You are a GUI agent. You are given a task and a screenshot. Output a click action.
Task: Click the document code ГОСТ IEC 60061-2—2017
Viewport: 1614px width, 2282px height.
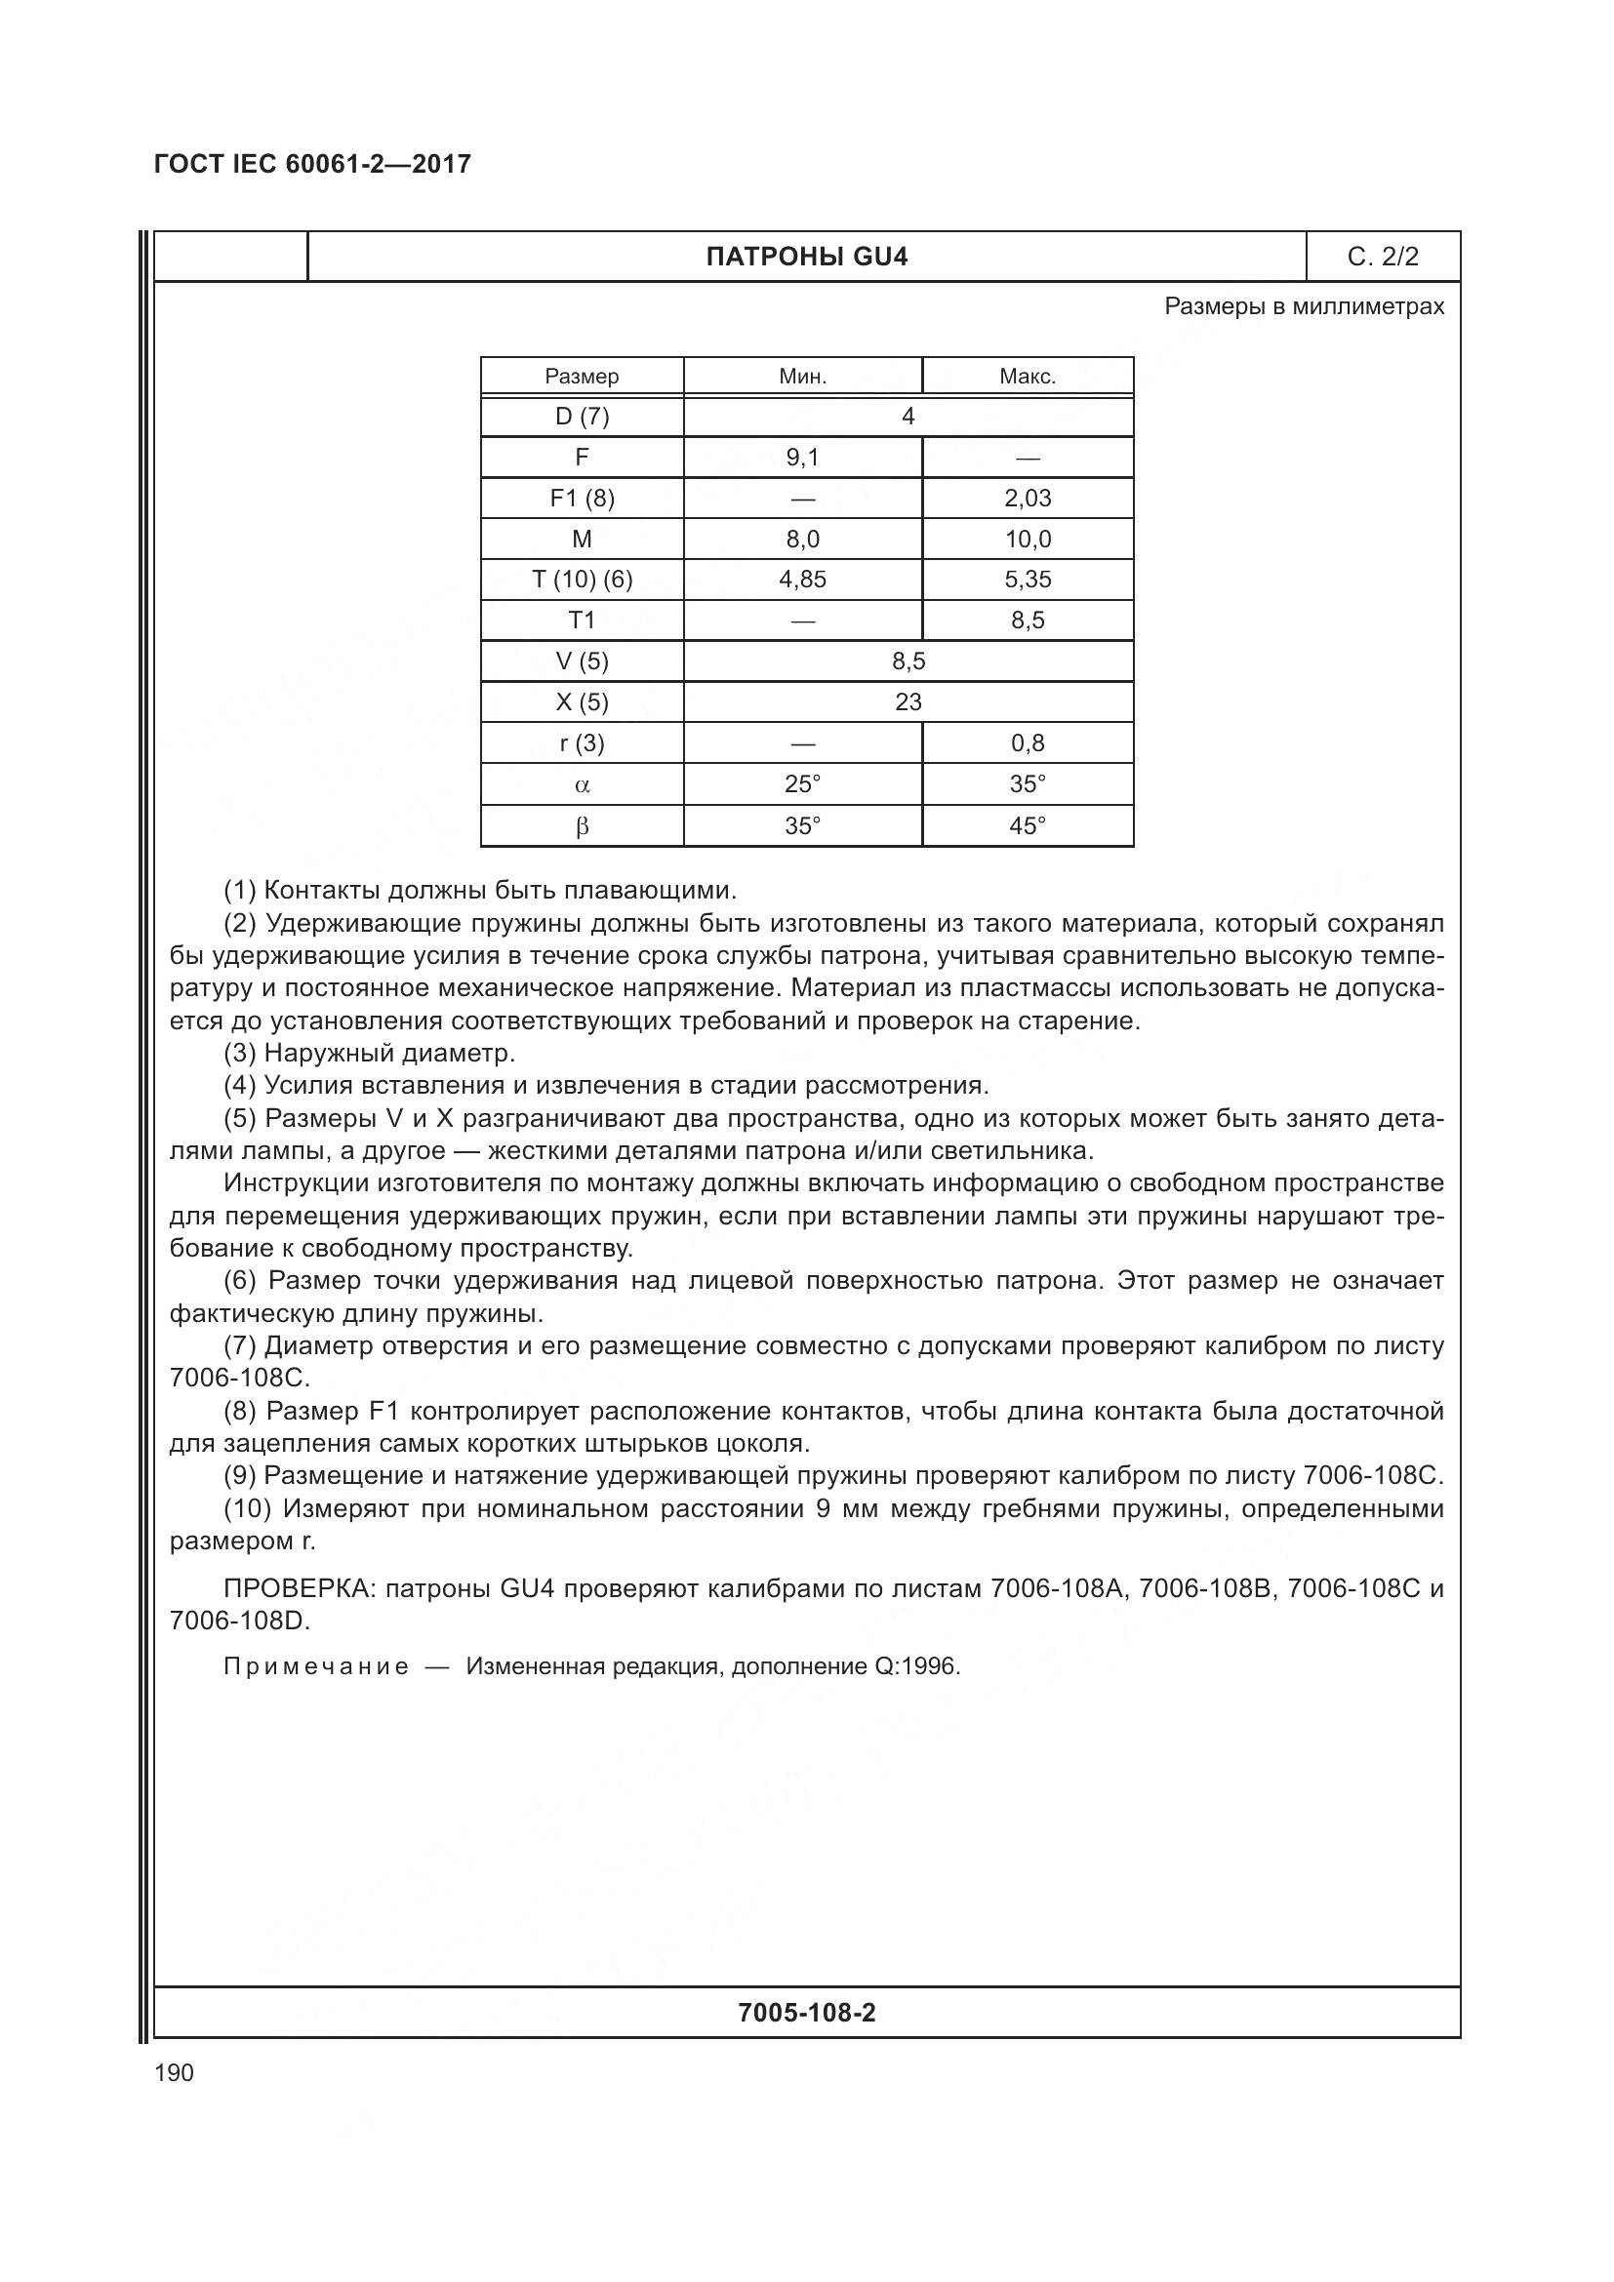312,164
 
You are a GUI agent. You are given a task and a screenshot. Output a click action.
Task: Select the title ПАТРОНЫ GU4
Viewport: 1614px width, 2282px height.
806,258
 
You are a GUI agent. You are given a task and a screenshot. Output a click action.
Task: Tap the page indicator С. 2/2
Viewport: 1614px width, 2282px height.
1383,258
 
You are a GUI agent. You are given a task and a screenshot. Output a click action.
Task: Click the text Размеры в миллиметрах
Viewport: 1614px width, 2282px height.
1303,307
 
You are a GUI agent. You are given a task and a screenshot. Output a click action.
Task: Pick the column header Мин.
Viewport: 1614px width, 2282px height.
802,377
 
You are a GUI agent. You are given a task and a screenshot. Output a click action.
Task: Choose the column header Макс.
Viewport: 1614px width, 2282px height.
1027,377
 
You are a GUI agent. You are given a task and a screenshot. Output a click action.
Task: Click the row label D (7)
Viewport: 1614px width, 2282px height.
582,417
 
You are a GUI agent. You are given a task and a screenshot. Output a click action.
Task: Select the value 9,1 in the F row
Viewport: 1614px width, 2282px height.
802,458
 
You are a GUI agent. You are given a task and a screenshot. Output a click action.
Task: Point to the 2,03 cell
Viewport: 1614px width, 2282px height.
1027,498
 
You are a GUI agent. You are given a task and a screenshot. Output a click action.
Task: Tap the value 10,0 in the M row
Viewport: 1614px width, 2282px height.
1027,539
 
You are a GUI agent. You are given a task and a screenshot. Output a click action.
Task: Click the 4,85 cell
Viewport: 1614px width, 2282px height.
802,580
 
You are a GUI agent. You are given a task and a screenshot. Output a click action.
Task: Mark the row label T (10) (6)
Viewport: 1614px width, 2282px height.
582,580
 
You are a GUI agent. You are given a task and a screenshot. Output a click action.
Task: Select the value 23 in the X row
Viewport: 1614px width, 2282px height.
908,701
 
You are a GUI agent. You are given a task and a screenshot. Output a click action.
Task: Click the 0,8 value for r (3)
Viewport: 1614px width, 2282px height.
1027,742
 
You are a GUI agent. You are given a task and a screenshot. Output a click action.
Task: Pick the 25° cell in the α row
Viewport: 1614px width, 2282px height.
802,784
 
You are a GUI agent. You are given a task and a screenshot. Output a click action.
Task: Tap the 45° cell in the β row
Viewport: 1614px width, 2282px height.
1027,826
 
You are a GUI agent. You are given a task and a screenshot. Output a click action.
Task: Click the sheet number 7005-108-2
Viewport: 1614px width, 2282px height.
806,2013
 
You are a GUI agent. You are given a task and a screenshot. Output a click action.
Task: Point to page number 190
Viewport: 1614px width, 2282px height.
174,2072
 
